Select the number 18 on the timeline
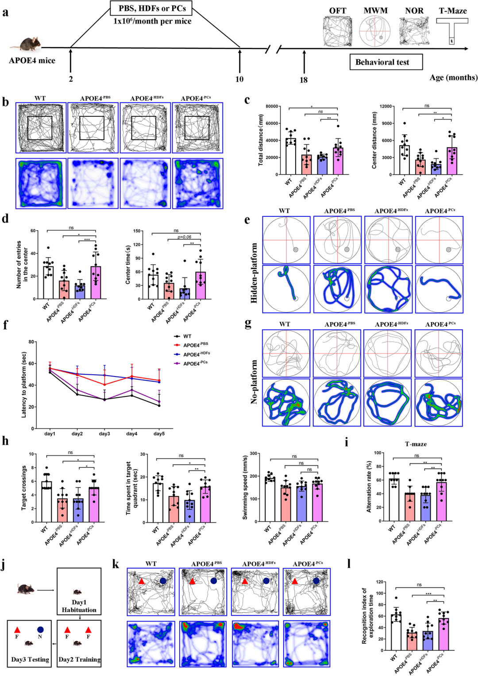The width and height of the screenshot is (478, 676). coord(304,80)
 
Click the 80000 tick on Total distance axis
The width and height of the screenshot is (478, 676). coord(271,107)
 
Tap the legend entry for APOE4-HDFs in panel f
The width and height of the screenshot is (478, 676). coord(197,354)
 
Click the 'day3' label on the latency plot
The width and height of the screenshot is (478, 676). coord(104,434)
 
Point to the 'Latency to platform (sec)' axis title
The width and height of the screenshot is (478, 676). coord(24,384)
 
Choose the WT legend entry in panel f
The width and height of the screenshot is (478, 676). coord(187,336)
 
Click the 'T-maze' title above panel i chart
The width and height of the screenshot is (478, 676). coord(416,444)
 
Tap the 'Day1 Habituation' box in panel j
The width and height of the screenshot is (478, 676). coord(79,591)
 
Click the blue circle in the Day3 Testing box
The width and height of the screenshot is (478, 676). coord(41,629)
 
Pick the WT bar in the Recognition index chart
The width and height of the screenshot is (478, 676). coord(396,632)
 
